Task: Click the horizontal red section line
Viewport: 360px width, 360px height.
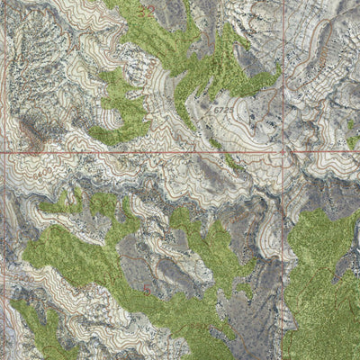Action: tap(135, 153)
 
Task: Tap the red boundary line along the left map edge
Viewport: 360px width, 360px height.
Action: tap(2, 225)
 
